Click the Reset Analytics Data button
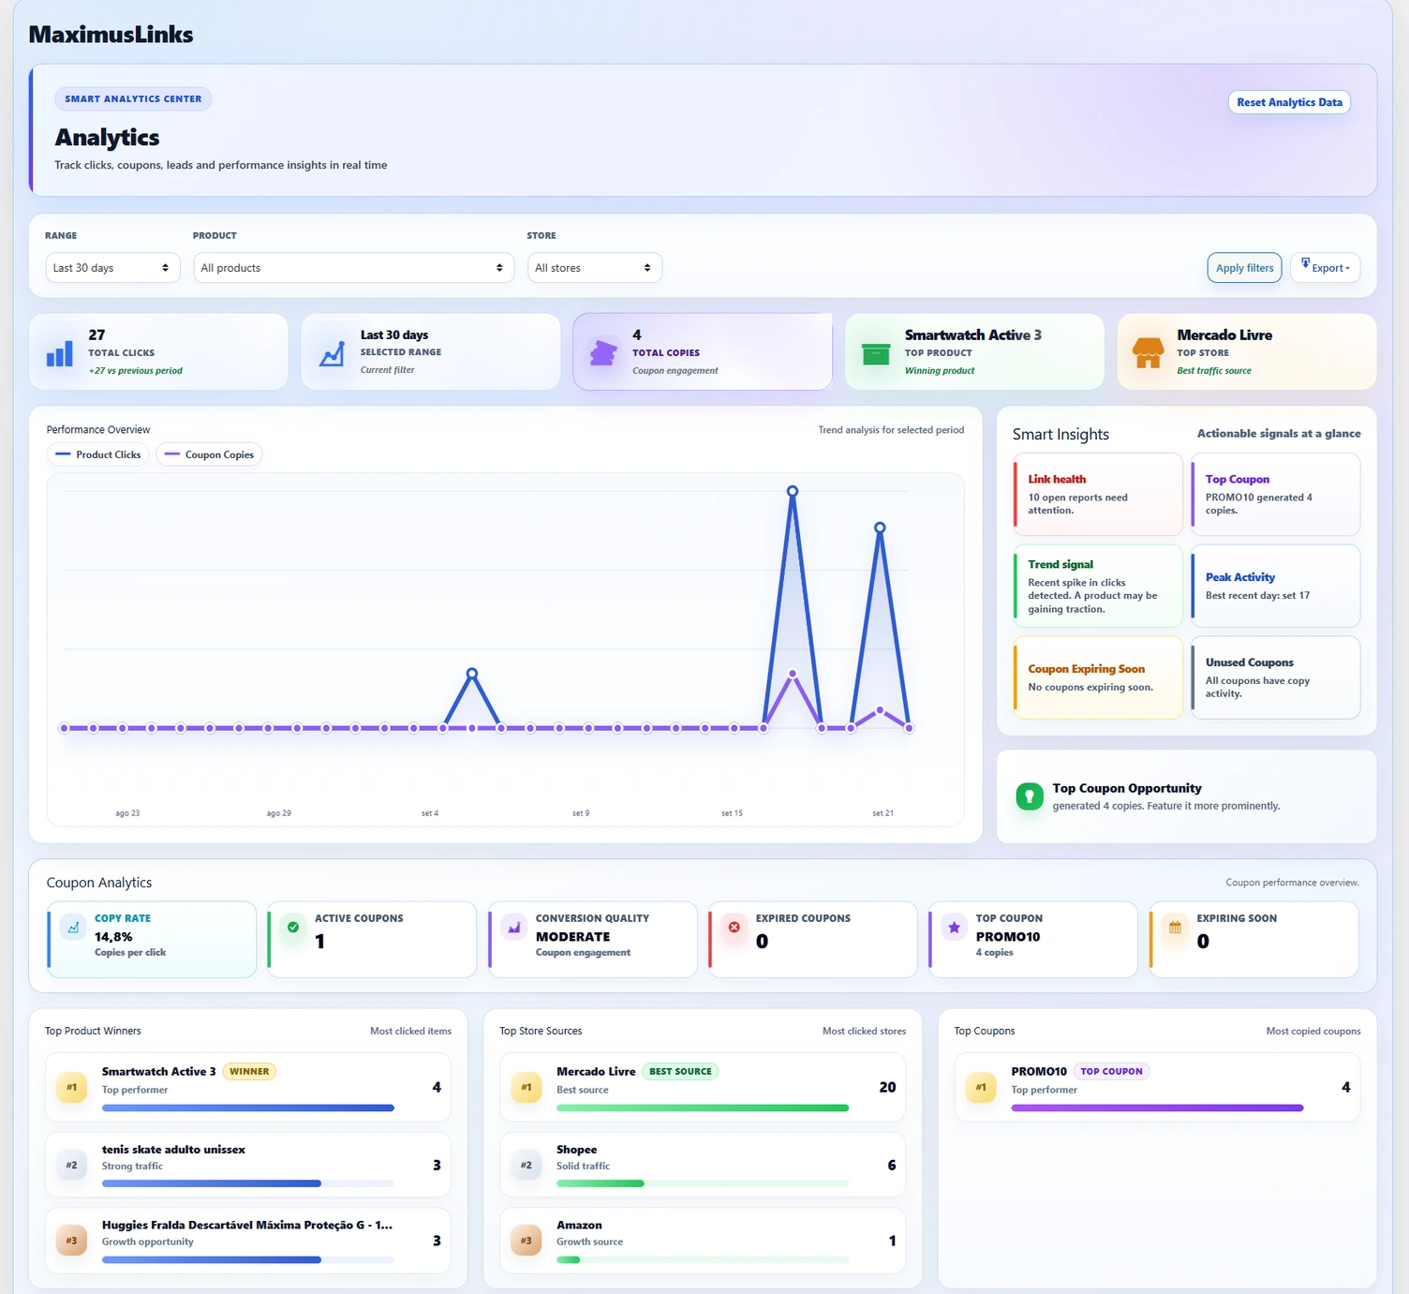click(x=1289, y=102)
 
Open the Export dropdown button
click(x=1325, y=268)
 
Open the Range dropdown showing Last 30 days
click(x=112, y=268)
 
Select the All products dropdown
click(x=353, y=268)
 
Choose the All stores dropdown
click(x=594, y=268)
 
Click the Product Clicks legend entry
click(x=98, y=454)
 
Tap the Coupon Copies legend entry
click(x=209, y=454)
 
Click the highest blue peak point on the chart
click(x=793, y=491)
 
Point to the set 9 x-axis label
click(x=581, y=812)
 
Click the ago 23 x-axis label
click(x=127, y=812)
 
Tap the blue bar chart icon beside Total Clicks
click(x=60, y=353)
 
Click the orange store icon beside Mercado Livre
click(x=1148, y=352)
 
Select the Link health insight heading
click(x=1057, y=479)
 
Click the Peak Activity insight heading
click(x=1239, y=577)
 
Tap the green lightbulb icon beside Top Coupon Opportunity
click(x=1029, y=796)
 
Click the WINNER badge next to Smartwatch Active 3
click(x=249, y=1071)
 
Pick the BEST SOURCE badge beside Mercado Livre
click(x=680, y=1071)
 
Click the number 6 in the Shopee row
click(x=891, y=1165)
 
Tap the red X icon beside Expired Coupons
click(x=734, y=927)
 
